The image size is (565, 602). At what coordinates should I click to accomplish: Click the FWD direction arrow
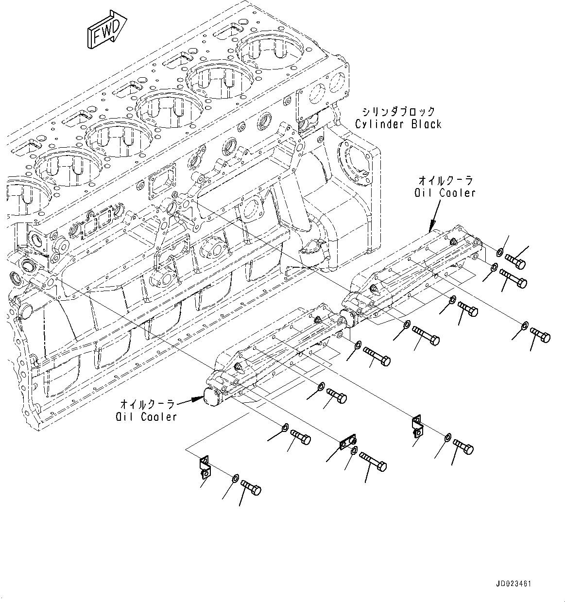point(107,31)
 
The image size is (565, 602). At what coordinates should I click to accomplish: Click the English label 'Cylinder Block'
point(398,124)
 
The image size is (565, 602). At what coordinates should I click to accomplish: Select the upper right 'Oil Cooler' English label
point(445,193)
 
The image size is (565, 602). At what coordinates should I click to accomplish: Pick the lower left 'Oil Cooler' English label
point(146,416)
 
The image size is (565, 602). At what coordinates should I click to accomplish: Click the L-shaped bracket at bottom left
point(205,467)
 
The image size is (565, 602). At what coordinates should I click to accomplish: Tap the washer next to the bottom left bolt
point(235,478)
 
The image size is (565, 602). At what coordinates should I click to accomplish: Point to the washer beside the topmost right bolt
point(500,252)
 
